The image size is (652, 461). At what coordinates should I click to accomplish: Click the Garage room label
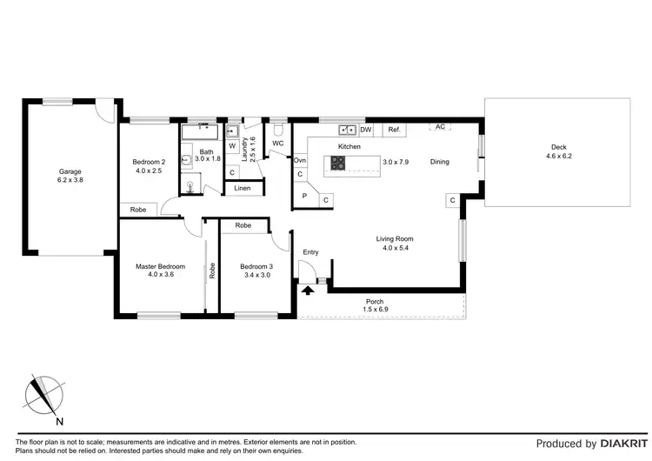click(70, 171)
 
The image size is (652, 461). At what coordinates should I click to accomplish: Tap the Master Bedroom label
click(160, 266)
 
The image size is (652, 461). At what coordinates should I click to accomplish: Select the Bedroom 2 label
click(149, 162)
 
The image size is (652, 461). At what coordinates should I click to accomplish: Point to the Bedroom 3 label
click(256, 266)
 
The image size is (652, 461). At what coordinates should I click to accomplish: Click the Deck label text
click(559, 146)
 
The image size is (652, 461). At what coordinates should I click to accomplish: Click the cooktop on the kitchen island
click(336, 162)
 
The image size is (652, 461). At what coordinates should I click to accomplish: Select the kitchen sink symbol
click(348, 130)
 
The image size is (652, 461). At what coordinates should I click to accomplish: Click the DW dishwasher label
click(366, 130)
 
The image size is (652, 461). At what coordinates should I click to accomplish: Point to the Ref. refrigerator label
click(394, 130)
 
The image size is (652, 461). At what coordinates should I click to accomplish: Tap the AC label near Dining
click(440, 126)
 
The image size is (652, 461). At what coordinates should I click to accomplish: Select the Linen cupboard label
click(243, 189)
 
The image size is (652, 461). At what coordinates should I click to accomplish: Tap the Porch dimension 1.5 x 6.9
click(376, 311)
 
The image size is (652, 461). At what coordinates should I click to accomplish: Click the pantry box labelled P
click(304, 197)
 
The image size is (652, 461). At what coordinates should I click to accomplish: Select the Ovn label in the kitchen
click(300, 161)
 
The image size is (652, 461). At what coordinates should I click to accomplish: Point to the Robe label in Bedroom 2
click(138, 210)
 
